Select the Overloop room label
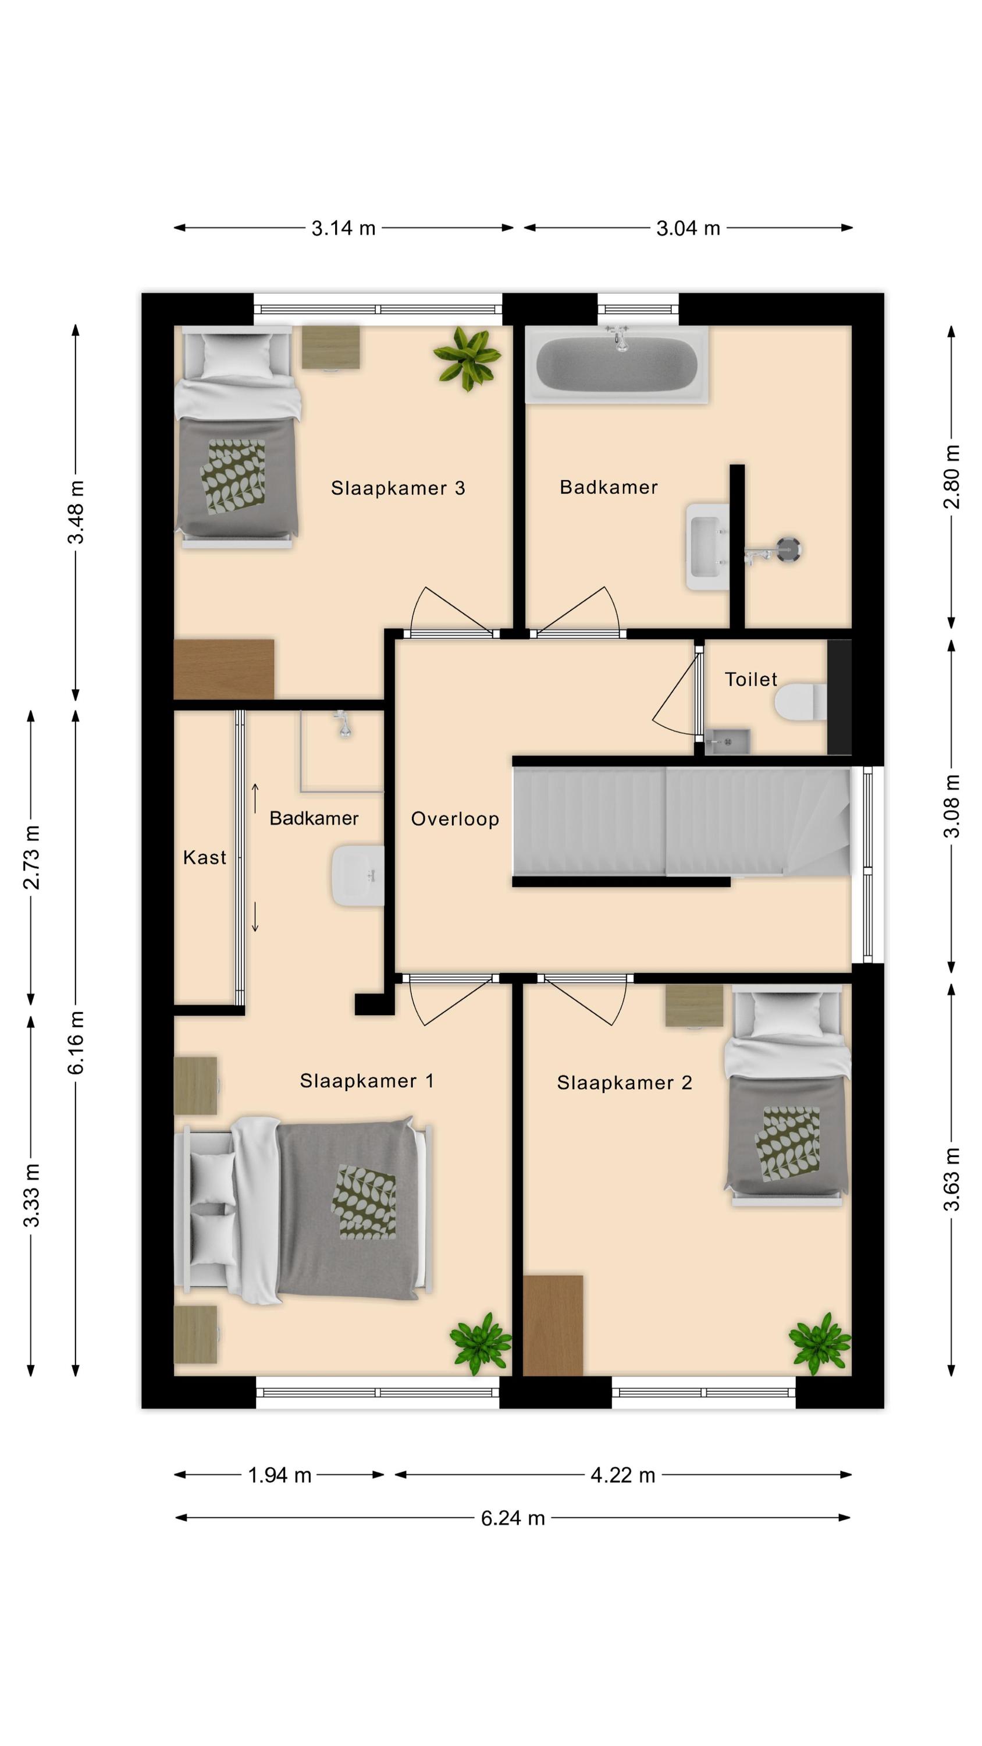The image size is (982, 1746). tap(455, 819)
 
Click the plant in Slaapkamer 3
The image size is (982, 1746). tap(468, 358)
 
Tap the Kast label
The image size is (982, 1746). tap(204, 857)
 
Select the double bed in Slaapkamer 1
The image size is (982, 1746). tap(304, 1210)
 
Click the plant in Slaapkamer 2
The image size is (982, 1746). tap(819, 1343)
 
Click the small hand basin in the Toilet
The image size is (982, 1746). tap(727, 741)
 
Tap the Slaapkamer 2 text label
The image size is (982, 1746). tap(624, 1083)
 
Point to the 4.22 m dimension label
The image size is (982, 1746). tap(623, 1475)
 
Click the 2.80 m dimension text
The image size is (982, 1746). tap(952, 477)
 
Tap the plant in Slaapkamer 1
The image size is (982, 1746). tap(481, 1343)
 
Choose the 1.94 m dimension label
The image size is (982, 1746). tap(279, 1475)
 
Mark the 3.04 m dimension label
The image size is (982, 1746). tap(688, 228)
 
